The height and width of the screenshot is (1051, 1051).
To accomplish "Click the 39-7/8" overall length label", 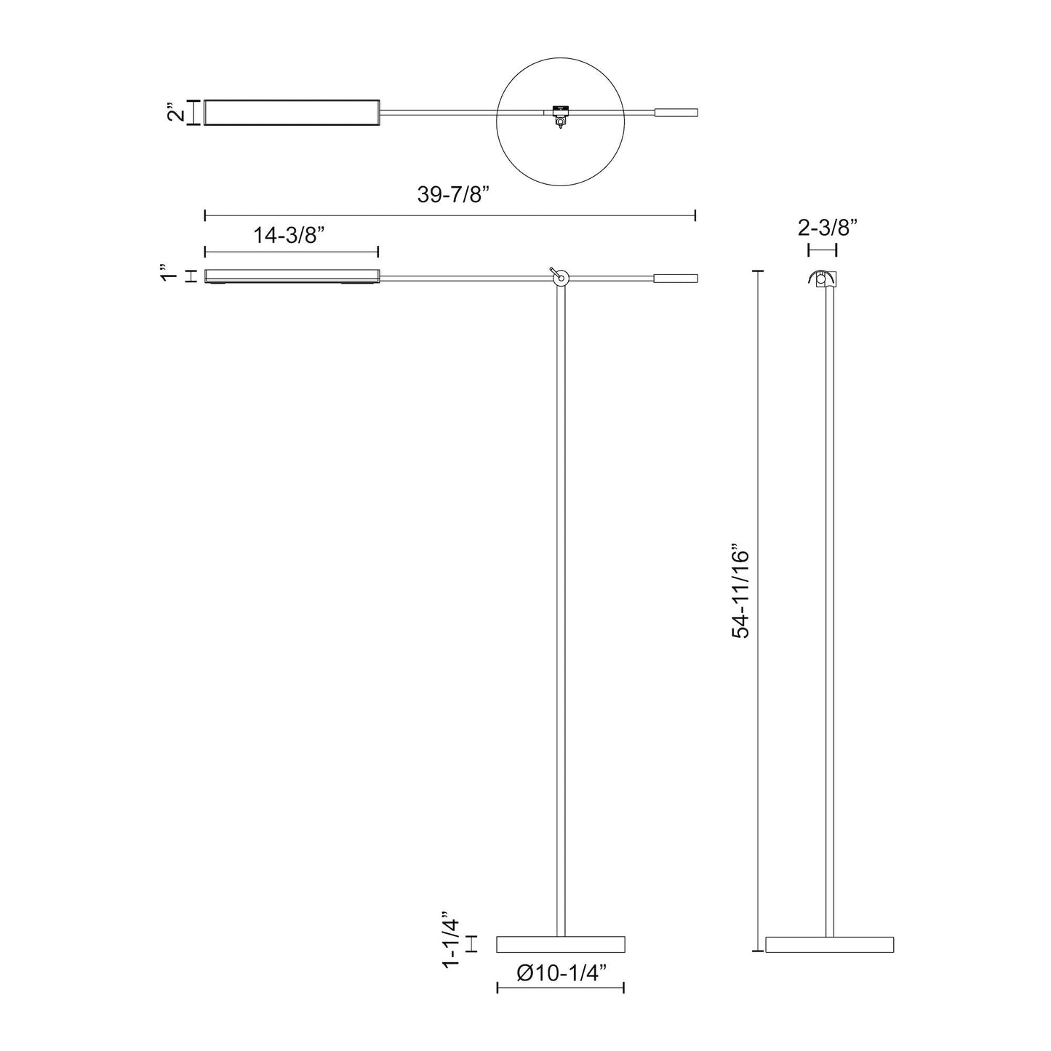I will coord(450,195).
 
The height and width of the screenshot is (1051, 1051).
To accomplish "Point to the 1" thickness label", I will coord(169,276).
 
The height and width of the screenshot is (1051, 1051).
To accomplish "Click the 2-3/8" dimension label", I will coord(828,228).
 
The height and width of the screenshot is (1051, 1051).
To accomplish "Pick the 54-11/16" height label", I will coord(740,591).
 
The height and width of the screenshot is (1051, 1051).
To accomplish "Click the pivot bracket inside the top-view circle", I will coord(559,114).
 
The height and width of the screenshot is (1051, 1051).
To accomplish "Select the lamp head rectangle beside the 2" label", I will coord(291,113).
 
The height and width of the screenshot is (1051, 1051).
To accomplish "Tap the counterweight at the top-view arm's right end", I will coord(676,113).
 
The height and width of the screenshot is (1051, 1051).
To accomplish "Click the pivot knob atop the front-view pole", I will coord(559,276).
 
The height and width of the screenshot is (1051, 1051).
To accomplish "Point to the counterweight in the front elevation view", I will coord(676,278).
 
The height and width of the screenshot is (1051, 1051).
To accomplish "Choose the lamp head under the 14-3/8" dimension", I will coord(291,276).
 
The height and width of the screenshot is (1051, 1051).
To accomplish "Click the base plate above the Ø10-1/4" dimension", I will coord(561,944).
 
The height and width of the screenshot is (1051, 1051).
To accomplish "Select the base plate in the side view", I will coord(829,944).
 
